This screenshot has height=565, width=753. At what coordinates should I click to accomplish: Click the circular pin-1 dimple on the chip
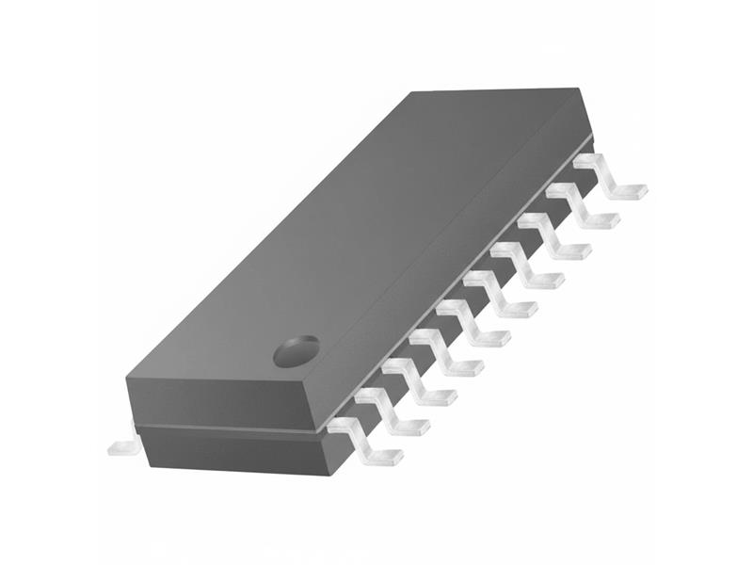(x=296, y=351)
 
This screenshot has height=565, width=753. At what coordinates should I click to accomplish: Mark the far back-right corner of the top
(x=576, y=89)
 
